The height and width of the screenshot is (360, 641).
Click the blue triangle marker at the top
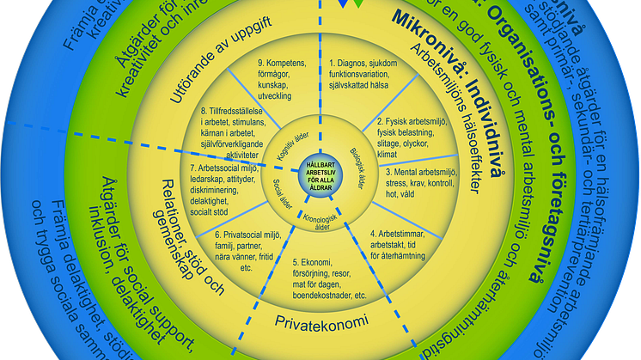344,4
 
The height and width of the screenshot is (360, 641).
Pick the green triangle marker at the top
358,4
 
